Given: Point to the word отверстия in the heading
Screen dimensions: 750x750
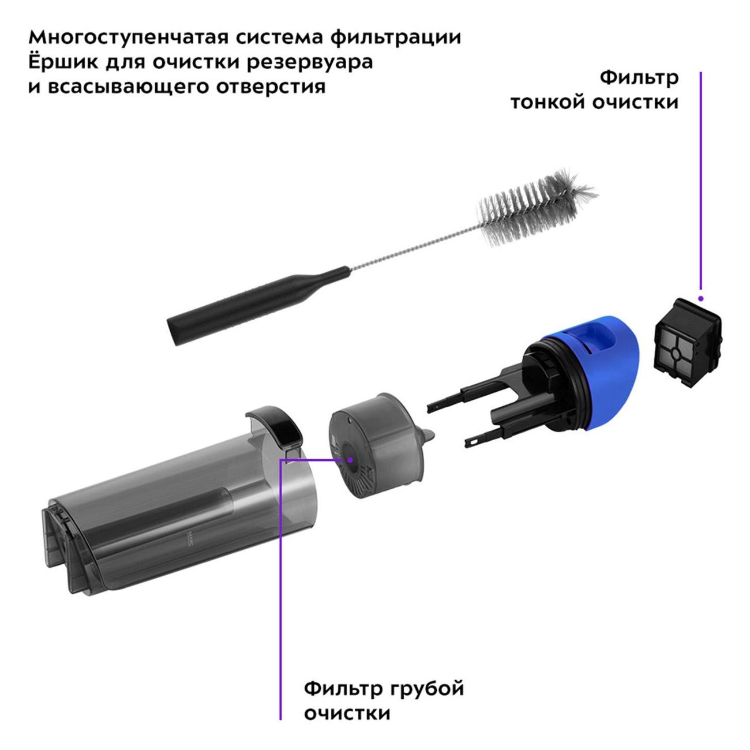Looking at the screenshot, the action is [271, 87].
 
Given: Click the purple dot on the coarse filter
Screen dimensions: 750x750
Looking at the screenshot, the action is [350, 460].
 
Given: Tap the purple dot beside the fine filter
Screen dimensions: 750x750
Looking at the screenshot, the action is [700, 299].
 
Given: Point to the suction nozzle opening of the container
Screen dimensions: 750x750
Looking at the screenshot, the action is [64, 545].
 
